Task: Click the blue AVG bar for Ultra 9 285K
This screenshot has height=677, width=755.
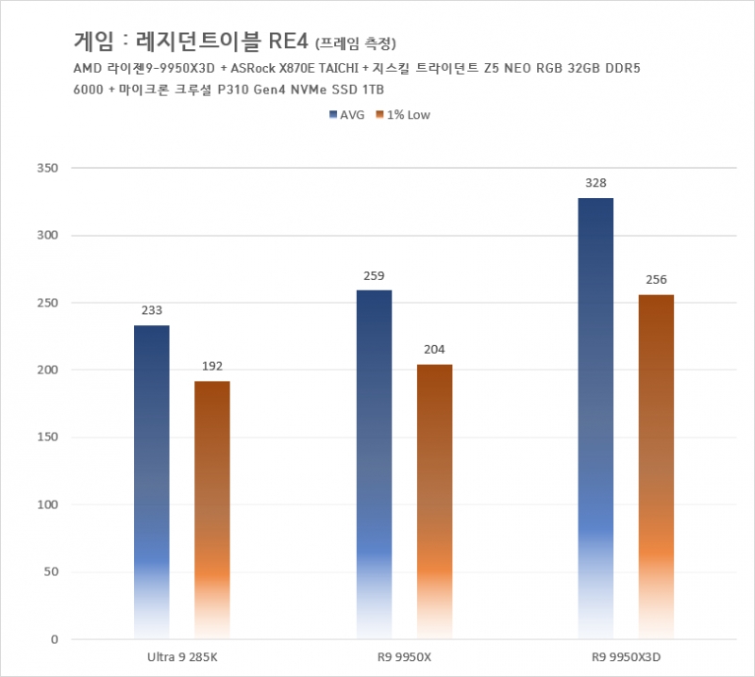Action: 152,481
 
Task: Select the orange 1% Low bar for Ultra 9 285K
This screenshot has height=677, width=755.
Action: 212,509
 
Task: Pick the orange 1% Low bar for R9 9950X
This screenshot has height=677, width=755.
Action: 434,501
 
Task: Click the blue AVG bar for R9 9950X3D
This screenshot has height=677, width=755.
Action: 596,419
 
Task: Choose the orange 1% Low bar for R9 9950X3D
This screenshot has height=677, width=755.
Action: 656,467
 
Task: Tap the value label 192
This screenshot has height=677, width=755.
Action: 212,367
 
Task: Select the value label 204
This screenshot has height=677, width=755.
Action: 434,350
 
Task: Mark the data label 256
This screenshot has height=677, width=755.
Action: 656,280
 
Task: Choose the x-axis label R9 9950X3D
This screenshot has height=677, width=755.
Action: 626,656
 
